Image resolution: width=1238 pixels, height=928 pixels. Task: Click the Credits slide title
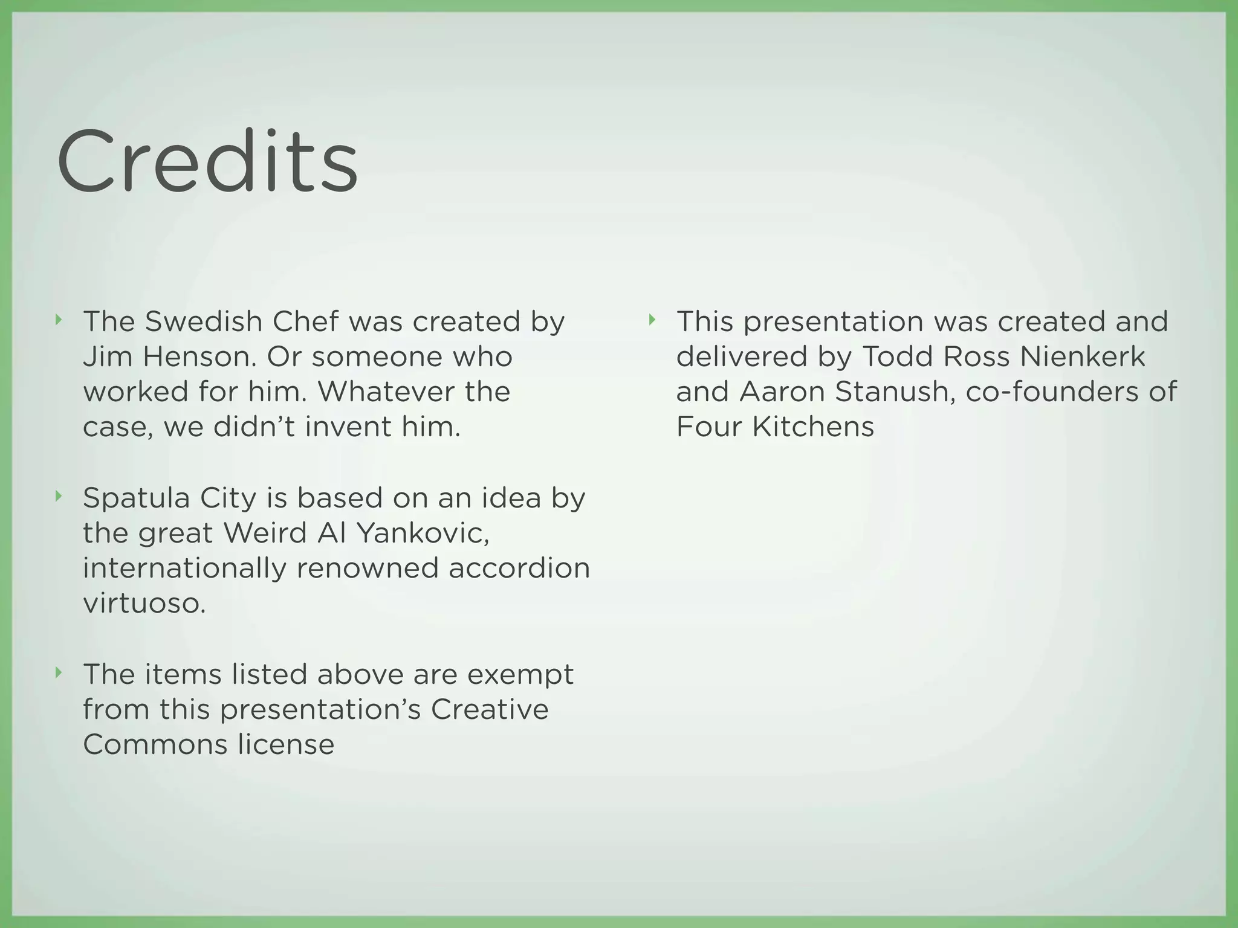pyautogui.click(x=207, y=162)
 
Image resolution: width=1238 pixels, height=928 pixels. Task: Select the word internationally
pyautogui.click(x=184, y=568)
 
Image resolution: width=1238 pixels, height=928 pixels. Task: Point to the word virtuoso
pyautogui.click(x=144, y=603)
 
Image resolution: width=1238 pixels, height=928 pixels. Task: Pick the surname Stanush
pyautogui.click(x=895, y=391)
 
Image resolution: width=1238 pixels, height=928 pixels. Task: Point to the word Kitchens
pyautogui.click(x=813, y=427)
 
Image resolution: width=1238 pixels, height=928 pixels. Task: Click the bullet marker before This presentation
pyautogui.click(x=652, y=320)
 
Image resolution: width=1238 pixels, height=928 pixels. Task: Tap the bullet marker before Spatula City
pyautogui.click(x=58, y=497)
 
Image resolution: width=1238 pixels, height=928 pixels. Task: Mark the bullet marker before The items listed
pyautogui.click(x=58, y=672)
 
